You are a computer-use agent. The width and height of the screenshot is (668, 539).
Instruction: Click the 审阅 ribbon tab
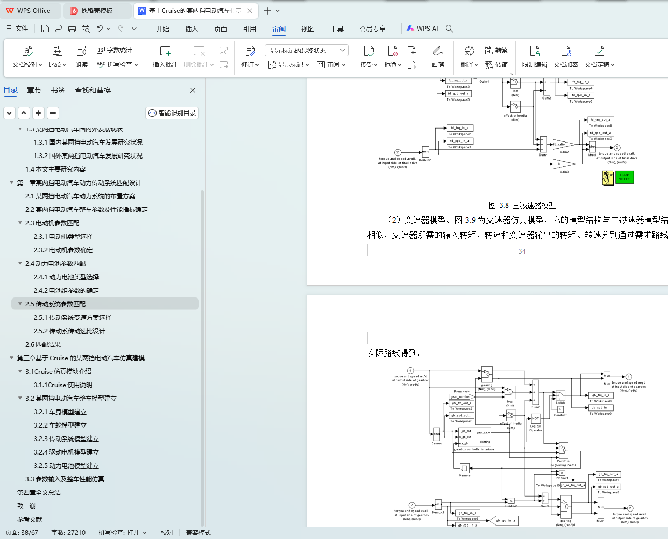pos(279,29)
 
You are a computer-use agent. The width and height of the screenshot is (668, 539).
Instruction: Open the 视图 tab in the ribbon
pos(308,29)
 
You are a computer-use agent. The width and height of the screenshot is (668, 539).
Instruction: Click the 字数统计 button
pos(115,50)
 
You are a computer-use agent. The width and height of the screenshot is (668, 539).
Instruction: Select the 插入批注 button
pos(165,56)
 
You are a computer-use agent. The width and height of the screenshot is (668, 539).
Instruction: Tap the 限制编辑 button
pos(534,56)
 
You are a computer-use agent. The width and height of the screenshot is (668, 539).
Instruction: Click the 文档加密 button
pos(565,56)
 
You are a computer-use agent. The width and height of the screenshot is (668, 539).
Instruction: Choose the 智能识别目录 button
pos(172,113)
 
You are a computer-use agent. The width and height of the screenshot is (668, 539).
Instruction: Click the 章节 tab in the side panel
pos(34,90)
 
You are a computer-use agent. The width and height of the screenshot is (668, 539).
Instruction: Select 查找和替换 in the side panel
pos(93,90)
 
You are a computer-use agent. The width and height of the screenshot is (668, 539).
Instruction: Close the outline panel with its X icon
pos(193,90)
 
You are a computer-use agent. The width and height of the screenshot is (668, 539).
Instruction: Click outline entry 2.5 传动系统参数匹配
pos(55,304)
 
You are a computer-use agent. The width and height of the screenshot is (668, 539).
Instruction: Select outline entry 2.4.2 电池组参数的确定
pos(66,291)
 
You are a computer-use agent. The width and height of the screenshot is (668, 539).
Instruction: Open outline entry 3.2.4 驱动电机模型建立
pos(66,452)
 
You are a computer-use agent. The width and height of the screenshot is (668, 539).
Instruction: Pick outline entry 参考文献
pos(30,520)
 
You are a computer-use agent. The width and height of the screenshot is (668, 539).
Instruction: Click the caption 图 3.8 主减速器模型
pos(522,206)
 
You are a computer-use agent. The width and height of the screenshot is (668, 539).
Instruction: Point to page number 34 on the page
pos(522,252)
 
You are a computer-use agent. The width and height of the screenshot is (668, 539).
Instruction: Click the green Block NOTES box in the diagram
pos(624,177)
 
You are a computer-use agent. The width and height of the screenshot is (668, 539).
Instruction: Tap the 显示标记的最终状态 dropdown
pos(307,50)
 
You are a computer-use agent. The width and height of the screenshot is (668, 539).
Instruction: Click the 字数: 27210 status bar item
pos(68,533)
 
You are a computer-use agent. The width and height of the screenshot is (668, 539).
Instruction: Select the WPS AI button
pos(422,29)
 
